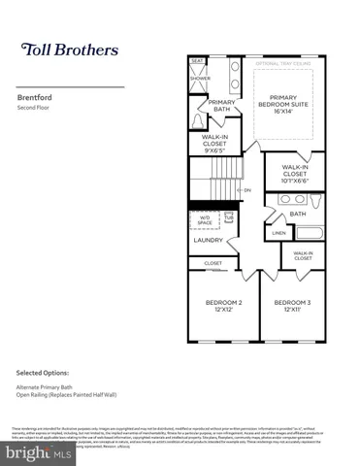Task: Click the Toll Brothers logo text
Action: pyautogui.click(x=70, y=49)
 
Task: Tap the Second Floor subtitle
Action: pyautogui.click(x=34, y=107)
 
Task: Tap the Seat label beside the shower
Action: pyautogui.click(x=197, y=61)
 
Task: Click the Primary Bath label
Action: pyautogui.click(x=221, y=106)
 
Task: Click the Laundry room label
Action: pyautogui.click(x=208, y=240)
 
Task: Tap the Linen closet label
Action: pyautogui.click(x=278, y=233)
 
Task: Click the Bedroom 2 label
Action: pyautogui.click(x=223, y=307)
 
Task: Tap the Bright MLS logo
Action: pyautogui.click(x=39, y=450)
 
